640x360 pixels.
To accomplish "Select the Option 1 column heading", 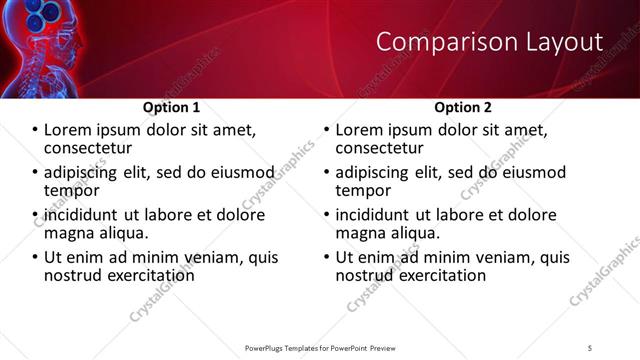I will pyautogui.click(x=172, y=107).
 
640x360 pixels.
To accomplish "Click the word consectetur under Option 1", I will pyautogui.click(x=86, y=148).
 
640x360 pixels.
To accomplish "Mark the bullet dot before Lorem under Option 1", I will pyautogui.click(x=36, y=130).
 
